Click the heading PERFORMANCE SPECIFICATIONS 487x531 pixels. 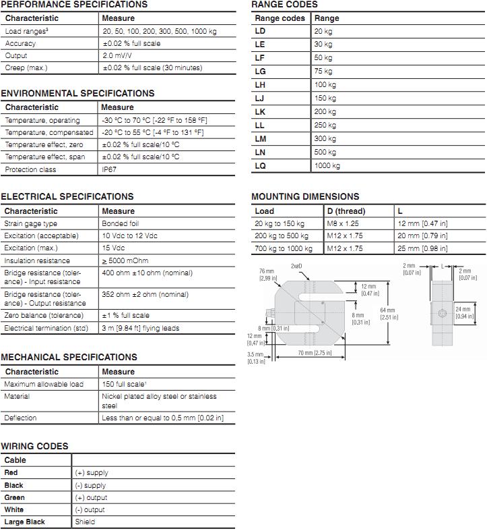coord(73,4)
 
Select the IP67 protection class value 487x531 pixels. coord(108,169)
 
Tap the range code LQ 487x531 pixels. coord(260,165)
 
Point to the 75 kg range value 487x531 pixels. coord(323,71)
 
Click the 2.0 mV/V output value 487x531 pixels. coord(118,55)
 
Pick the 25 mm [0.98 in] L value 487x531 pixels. coord(422,248)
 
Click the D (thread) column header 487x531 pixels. coord(346,211)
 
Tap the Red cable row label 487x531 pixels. coord(11,472)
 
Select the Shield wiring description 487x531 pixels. coord(85,522)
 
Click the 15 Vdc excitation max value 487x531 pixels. coord(114,248)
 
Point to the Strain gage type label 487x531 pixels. coord(31,223)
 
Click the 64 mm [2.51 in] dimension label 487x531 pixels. coord(387,314)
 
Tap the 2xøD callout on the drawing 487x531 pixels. coord(296,266)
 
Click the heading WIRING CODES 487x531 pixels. coord(34,446)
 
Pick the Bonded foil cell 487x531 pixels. coord(121,223)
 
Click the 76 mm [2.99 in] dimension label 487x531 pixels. coord(265,274)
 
